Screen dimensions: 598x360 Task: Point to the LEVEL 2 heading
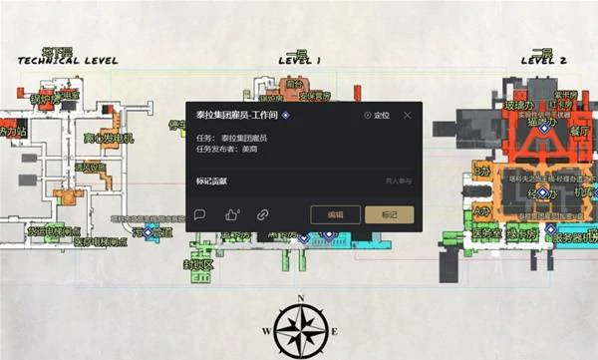click(543, 61)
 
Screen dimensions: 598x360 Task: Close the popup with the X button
click(407, 116)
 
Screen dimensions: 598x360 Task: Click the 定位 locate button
click(377, 116)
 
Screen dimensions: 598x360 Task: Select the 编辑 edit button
click(328, 213)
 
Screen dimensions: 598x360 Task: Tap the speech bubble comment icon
click(199, 213)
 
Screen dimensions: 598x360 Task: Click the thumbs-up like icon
click(231, 213)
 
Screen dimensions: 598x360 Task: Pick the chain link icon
click(263, 213)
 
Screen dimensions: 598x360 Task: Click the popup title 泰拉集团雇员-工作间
click(236, 116)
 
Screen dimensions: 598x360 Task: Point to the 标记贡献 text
click(212, 181)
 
